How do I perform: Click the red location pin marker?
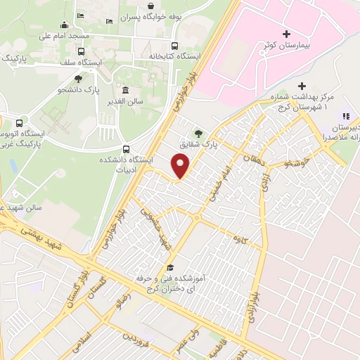pyautogui.click(x=181, y=165)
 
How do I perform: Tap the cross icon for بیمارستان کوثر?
pyautogui.click(x=285, y=34)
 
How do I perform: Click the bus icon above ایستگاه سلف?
pyautogui.click(x=82, y=51)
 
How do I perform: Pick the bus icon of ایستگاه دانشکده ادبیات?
pyautogui.click(x=126, y=148)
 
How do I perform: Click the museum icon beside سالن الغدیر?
pyautogui.click(x=125, y=90)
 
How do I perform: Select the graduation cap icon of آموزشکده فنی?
pyautogui.click(x=170, y=267)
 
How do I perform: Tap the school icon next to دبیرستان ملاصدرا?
pyautogui.click(x=345, y=116)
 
